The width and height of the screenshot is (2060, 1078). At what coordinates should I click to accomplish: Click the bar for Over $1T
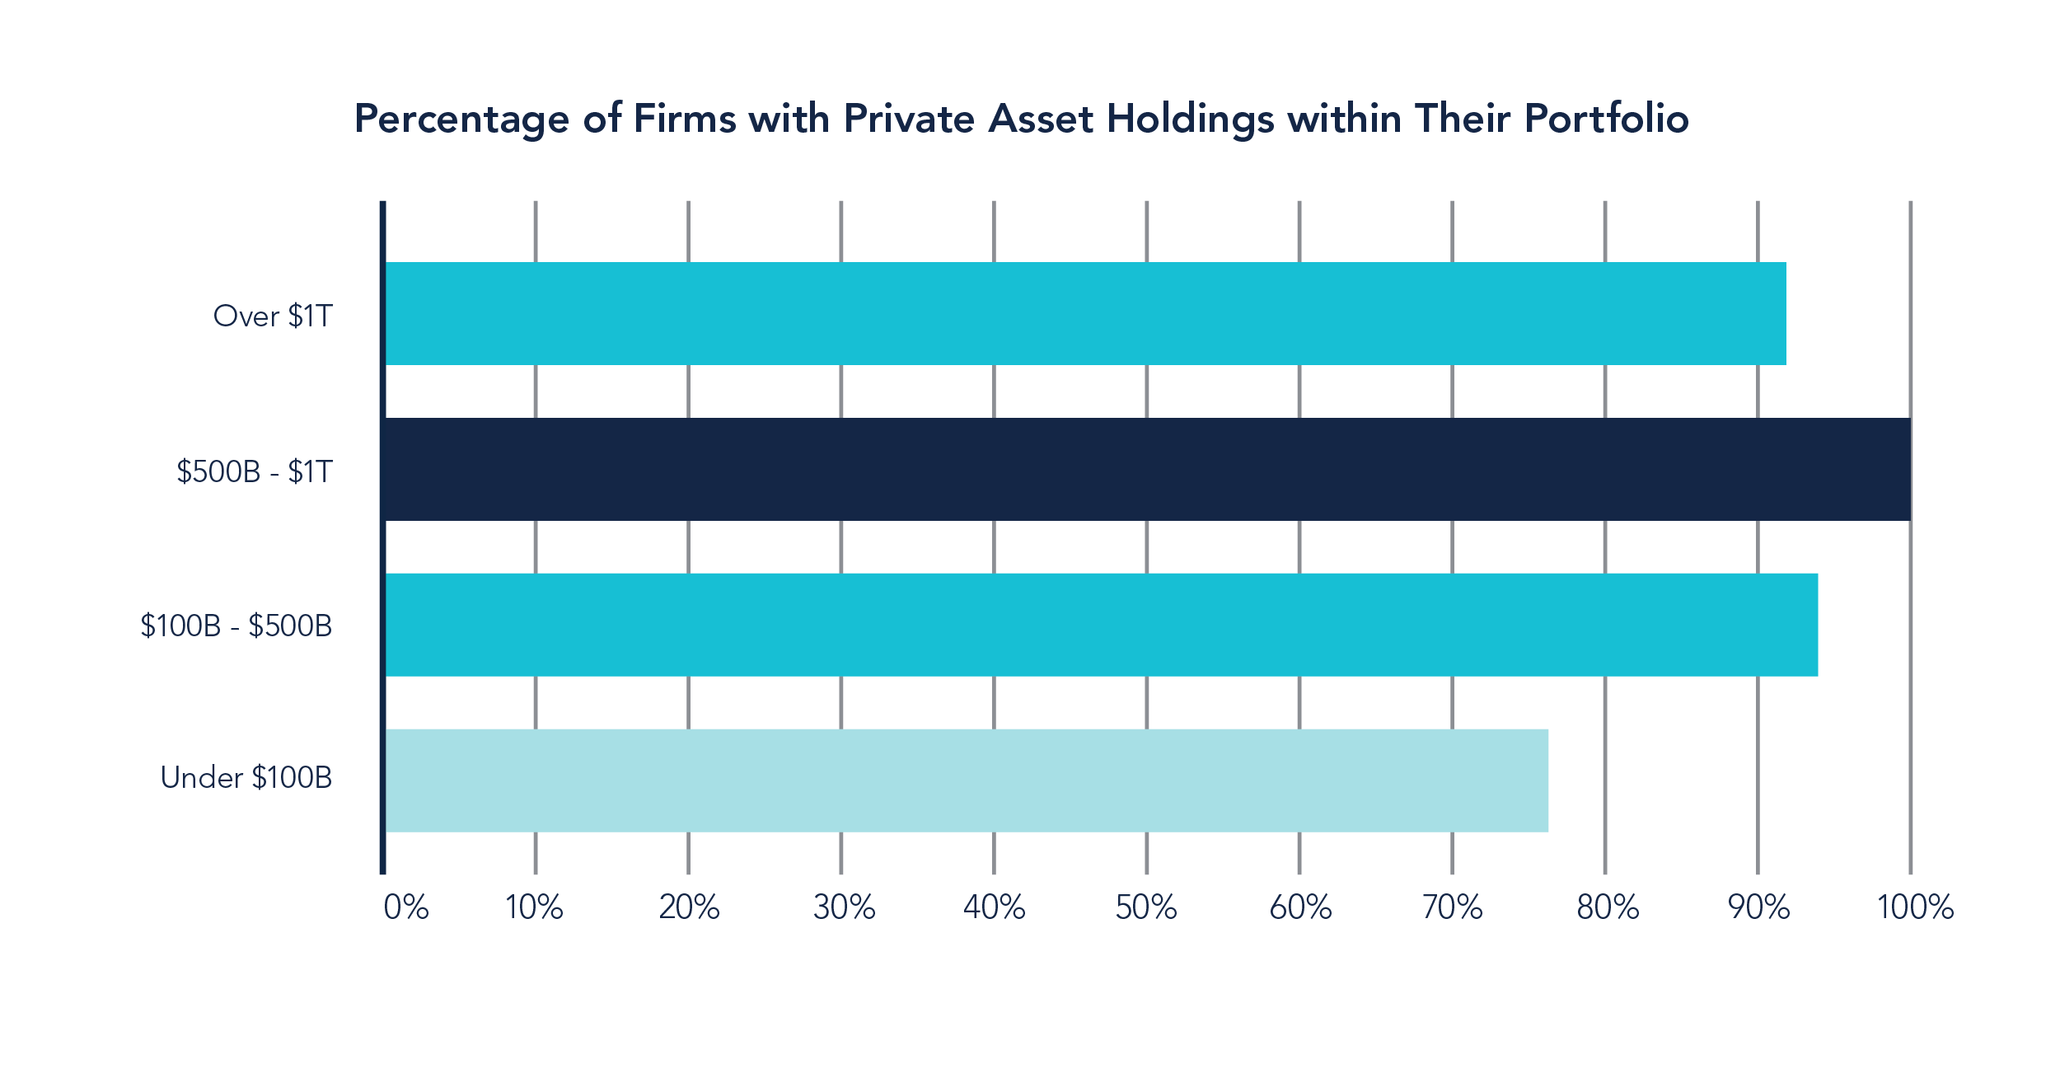pyautogui.click(x=1084, y=313)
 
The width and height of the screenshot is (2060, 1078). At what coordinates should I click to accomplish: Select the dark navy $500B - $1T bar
pyautogui.click(x=1147, y=469)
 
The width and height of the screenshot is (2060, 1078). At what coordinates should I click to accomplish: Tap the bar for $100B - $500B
pyautogui.click(x=1101, y=625)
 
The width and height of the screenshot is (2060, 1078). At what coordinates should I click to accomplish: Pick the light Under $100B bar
pyautogui.click(x=966, y=780)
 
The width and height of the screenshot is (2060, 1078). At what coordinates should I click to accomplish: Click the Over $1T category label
pyautogui.click(x=273, y=316)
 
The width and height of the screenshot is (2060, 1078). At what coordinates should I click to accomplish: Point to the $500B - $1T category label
pyautogui.click(x=255, y=471)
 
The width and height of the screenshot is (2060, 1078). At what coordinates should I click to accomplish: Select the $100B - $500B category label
pyautogui.click(x=236, y=626)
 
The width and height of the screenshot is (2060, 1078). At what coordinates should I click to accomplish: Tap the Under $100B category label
pyautogui.click(x=246, y=777)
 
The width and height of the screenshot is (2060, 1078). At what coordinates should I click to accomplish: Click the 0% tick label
pyautogui.click(x=406, y=907)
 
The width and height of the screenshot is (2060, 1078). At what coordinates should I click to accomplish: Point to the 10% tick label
pyautogui.click(x=534, y=907)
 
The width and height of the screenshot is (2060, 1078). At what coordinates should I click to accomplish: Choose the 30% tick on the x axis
pyautogui.click(x=843, y=907)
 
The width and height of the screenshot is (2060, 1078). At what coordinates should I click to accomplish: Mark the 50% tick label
pyautogui.click(x=1146, y=907)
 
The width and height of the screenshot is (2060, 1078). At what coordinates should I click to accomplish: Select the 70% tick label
pyautogui.click(x=1453, y=907)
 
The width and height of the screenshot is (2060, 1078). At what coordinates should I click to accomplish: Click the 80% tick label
pyautogui.click(x=1607, y=907)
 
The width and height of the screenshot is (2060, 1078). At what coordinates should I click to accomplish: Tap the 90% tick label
pyautogui.click(x=1758, y=907)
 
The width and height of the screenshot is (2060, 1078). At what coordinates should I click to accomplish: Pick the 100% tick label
pyautogui.click(x=1914, y=907)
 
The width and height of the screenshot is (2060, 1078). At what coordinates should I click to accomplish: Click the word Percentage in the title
pyautogui.click(x=461, y=120)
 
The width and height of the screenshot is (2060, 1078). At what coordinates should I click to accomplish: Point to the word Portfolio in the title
pyautogui.click(x=1607, y=120)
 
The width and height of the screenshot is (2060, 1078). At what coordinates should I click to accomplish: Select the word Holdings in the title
pyautogui.click(x=1191, y=120)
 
